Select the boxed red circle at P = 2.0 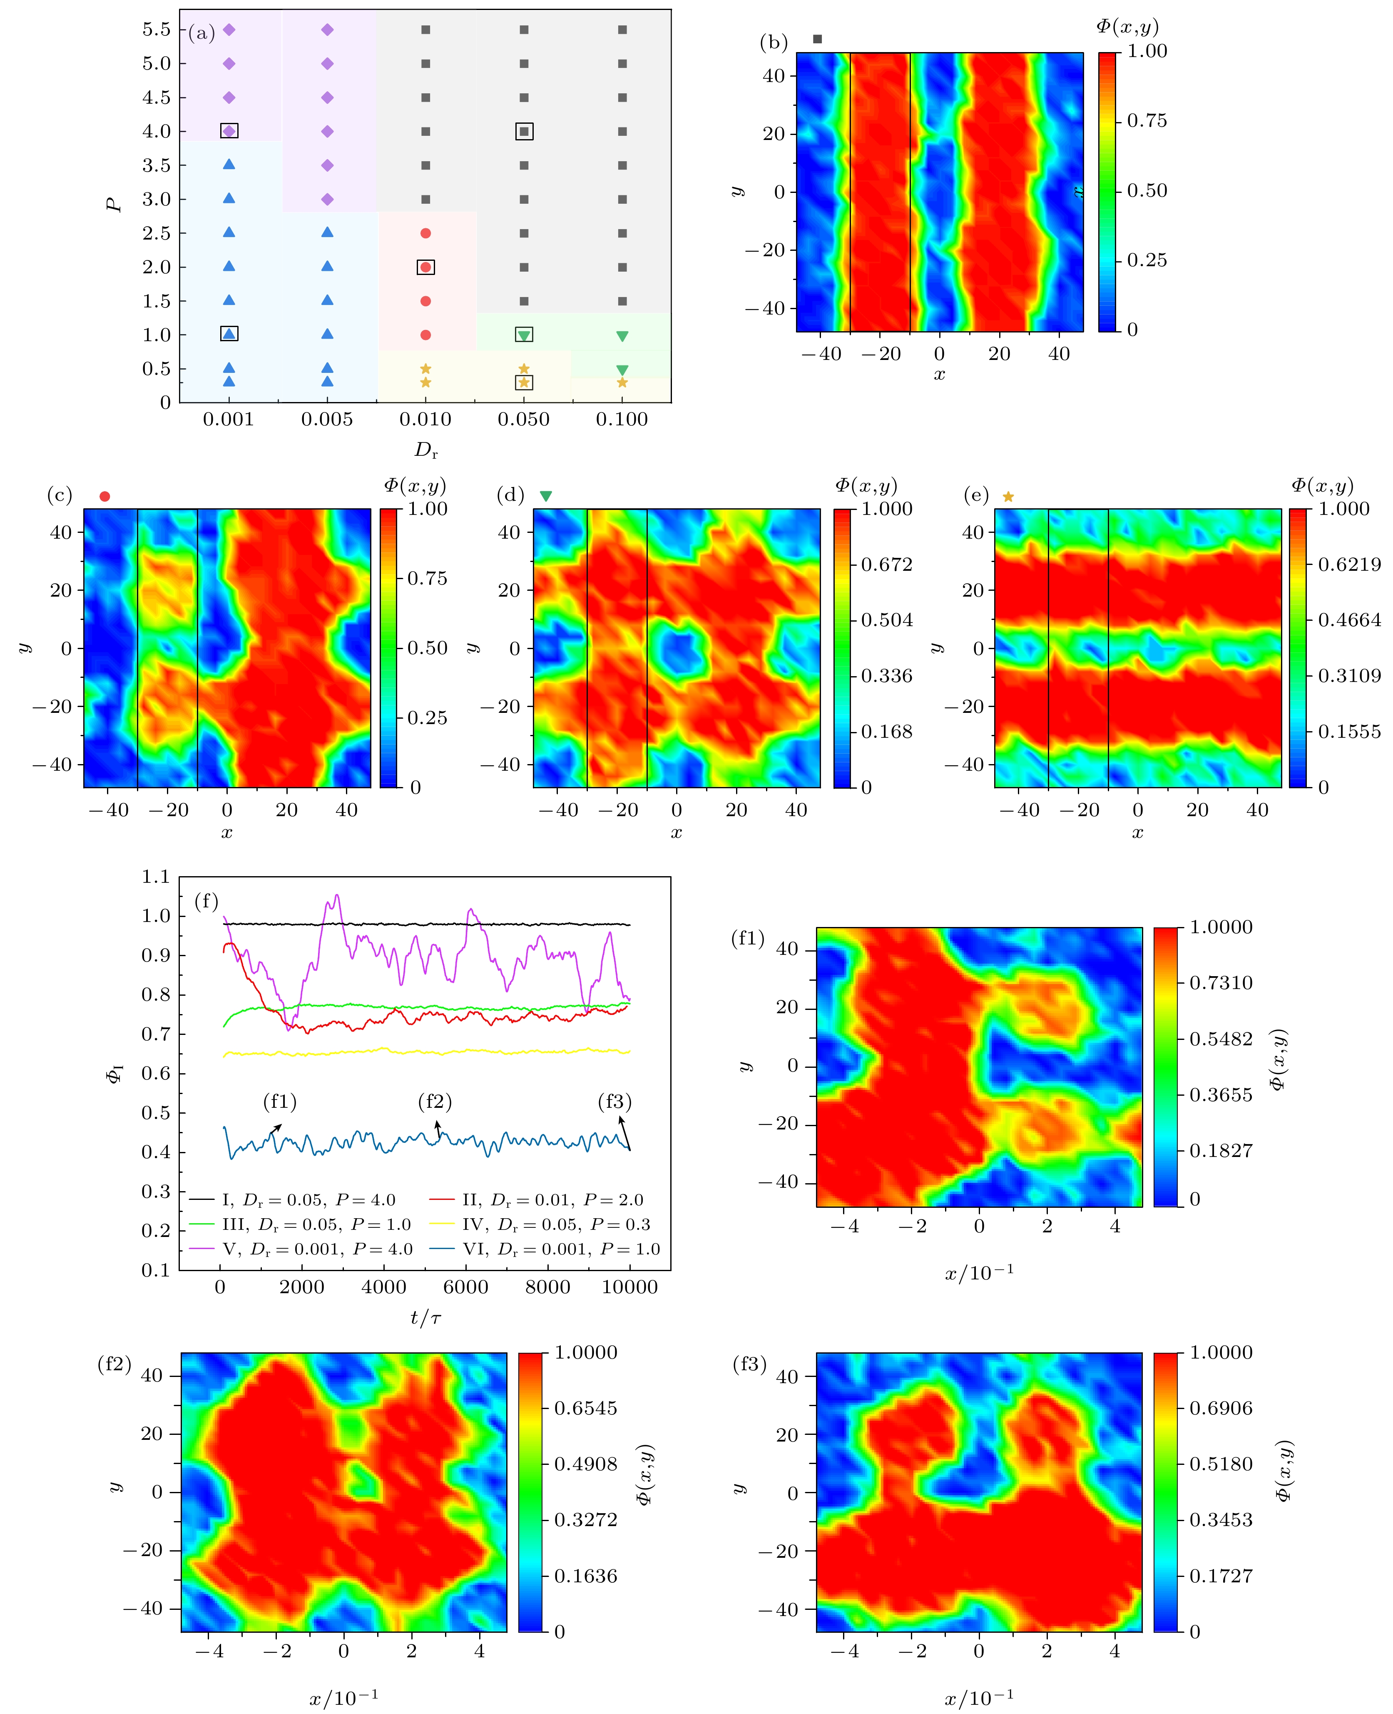426,267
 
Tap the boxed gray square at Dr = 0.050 524,131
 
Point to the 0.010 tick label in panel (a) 425,419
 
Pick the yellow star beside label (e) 1008,497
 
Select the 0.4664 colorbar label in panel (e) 1349,620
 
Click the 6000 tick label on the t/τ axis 465,1287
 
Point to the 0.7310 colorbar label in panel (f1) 1221,983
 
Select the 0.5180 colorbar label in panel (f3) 1221,1464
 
